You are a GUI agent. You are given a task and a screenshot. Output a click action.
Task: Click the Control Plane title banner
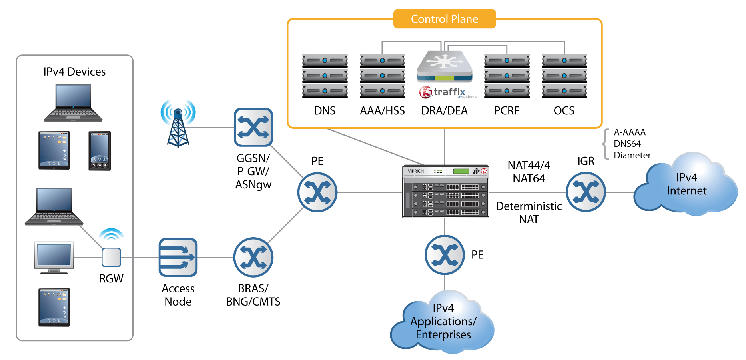tap(444, 19)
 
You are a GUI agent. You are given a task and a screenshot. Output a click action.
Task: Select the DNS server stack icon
tap(325, 76)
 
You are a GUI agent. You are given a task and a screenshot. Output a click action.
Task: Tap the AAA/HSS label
tap(382, 111)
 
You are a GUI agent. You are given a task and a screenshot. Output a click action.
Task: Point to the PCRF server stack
tap(507, 76)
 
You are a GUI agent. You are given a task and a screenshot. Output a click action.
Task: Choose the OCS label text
tap(564, 111)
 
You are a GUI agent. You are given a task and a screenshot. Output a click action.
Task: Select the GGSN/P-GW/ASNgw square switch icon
tap(253, 127)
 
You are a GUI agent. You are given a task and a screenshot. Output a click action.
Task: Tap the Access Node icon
tap(178, 257)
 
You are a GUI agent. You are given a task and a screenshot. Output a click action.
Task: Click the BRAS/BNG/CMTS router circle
tap(253, 257)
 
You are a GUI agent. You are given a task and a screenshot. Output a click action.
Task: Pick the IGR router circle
tap(586, 192)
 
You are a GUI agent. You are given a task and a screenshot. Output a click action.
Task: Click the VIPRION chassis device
tap(445, 192)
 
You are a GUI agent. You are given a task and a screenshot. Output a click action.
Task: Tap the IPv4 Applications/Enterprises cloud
tap(443, 322)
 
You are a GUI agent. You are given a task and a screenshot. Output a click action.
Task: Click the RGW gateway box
tap(111, 257)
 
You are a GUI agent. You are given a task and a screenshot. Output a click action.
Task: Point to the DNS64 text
tap(627, 144)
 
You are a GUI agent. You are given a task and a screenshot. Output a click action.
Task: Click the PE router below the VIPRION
tap(445, 254)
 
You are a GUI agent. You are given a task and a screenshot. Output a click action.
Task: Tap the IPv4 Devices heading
tap(74, 72)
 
